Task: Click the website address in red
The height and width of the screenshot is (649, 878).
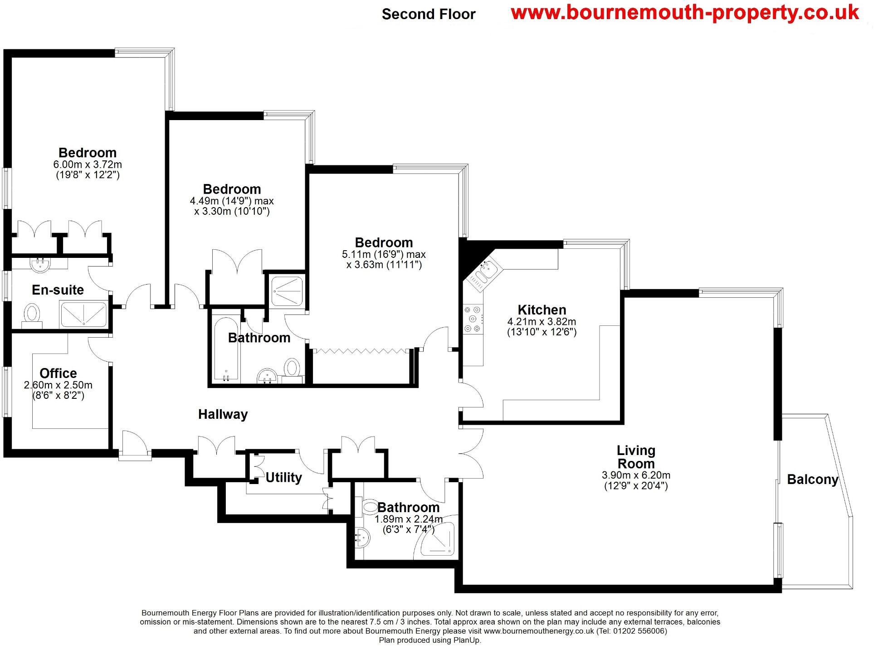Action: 684,12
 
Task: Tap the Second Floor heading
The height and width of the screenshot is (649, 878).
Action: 428,15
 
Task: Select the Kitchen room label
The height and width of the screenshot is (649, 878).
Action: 541,310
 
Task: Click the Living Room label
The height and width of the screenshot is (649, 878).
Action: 635,457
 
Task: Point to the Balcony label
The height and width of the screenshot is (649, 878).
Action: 812,479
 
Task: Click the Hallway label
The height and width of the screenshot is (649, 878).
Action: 223,414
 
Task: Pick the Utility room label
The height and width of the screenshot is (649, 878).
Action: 283,478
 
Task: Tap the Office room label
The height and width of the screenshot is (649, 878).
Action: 58,373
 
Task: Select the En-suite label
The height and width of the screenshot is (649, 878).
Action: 58,290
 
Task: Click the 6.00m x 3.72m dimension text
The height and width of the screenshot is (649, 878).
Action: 88,165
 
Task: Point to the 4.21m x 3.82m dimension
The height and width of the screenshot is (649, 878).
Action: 541,322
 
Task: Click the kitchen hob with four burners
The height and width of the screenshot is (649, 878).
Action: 473,319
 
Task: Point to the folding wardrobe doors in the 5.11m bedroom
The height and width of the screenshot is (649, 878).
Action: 361,350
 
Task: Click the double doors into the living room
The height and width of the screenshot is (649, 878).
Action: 471,453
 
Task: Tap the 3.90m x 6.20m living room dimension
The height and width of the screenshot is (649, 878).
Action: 635,475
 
